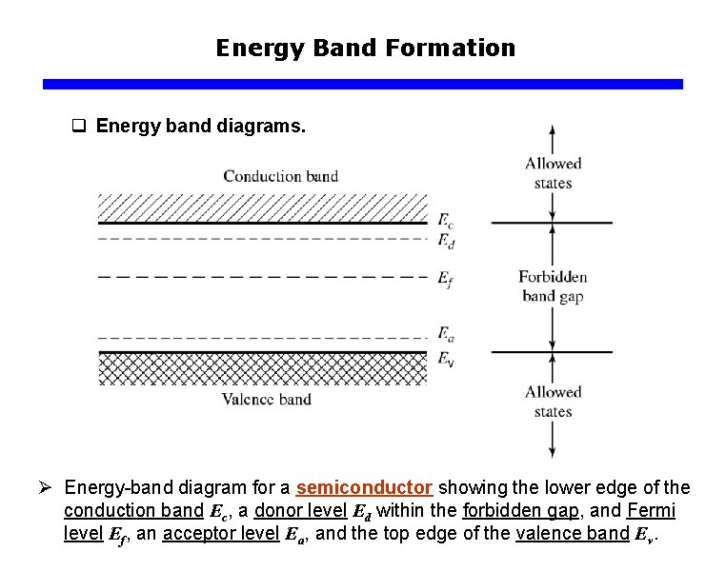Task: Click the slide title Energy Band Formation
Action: click(x=365, y=48)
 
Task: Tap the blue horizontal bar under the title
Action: click(x=363, y=85)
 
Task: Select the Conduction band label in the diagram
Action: click(x=280, y=176)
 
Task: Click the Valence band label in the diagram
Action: click(x=267, y=399)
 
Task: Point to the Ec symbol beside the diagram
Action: click(x=445, y=221)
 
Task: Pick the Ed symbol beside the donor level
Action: click(x=445, y=242)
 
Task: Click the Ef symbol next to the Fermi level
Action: click(x=445, y=279)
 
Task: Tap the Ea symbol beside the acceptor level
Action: click(x=445, y=333)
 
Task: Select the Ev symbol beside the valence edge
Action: click(x=445, y=359)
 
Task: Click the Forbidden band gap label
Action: click(x=553, y=286)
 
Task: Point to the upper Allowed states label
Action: click(x=553, y=172)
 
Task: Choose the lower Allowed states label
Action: click(x=553, y=402)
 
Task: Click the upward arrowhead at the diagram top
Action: click(x=553, y=131)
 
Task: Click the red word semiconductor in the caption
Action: click(x=364, y=488)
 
